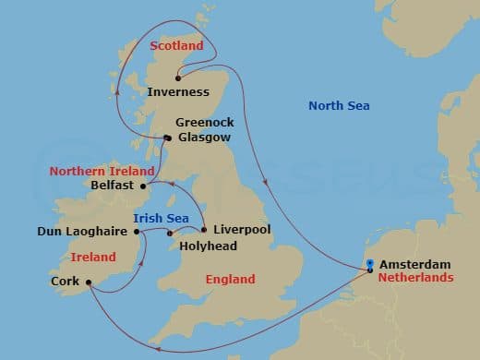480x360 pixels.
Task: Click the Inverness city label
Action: [x=178, y=91]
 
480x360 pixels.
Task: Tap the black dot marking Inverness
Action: [x=178, y=78]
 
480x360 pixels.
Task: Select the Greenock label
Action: [x=205, y=122]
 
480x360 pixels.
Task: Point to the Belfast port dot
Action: [x=143, y=185]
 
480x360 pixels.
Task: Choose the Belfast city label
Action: [x=114, y=185]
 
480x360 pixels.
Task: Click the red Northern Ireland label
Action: [x=97, y=171]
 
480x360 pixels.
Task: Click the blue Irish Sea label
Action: [x=162, y=218]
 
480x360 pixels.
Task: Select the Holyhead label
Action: [x=208, y=246]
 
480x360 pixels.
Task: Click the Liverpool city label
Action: [x=242, y=229]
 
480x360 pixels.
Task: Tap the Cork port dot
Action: [x=88, y=282]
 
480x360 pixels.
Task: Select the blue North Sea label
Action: [x=338, y=106]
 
